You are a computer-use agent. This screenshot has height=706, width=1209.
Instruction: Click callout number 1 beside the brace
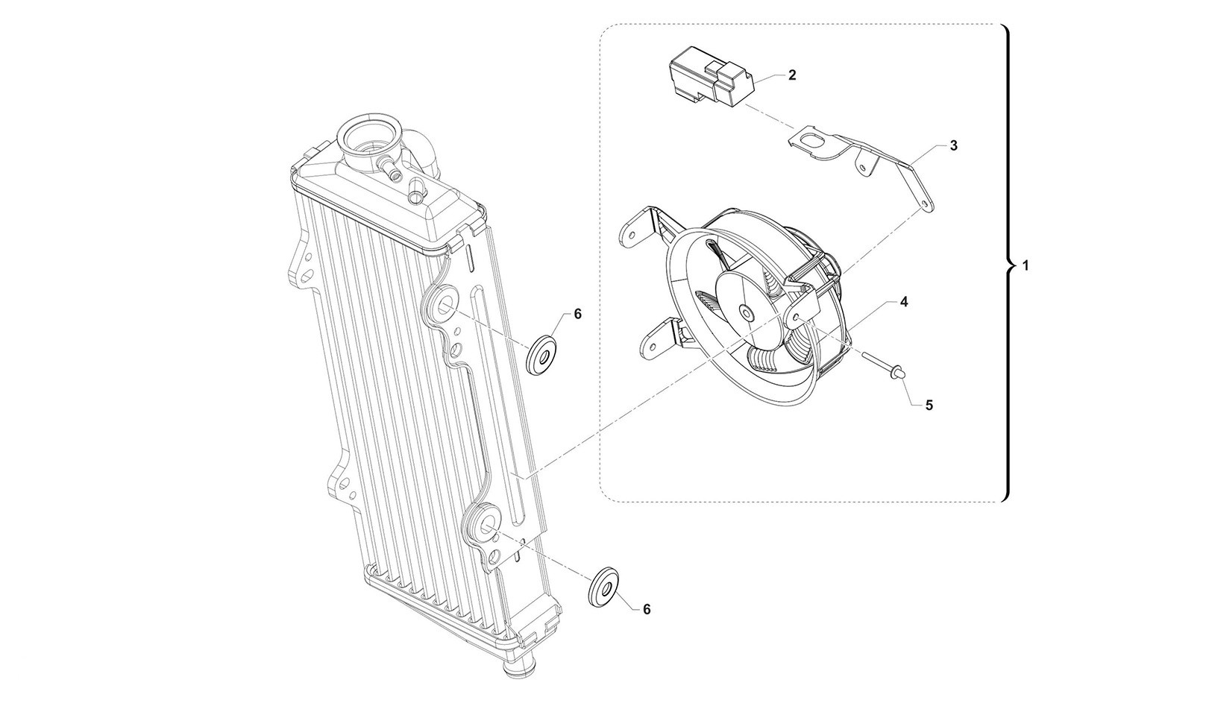point(1026,265)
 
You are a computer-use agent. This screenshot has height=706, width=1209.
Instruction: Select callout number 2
point(792,75)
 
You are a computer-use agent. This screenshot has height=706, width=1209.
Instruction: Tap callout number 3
point(954,145)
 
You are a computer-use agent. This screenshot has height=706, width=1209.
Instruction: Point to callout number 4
point(903,302)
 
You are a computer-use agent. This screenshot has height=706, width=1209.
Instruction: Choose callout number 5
point(929,405)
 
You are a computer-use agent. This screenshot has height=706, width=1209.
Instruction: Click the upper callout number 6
point(578,314)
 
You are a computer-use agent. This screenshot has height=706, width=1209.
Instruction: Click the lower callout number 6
point(647,610)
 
